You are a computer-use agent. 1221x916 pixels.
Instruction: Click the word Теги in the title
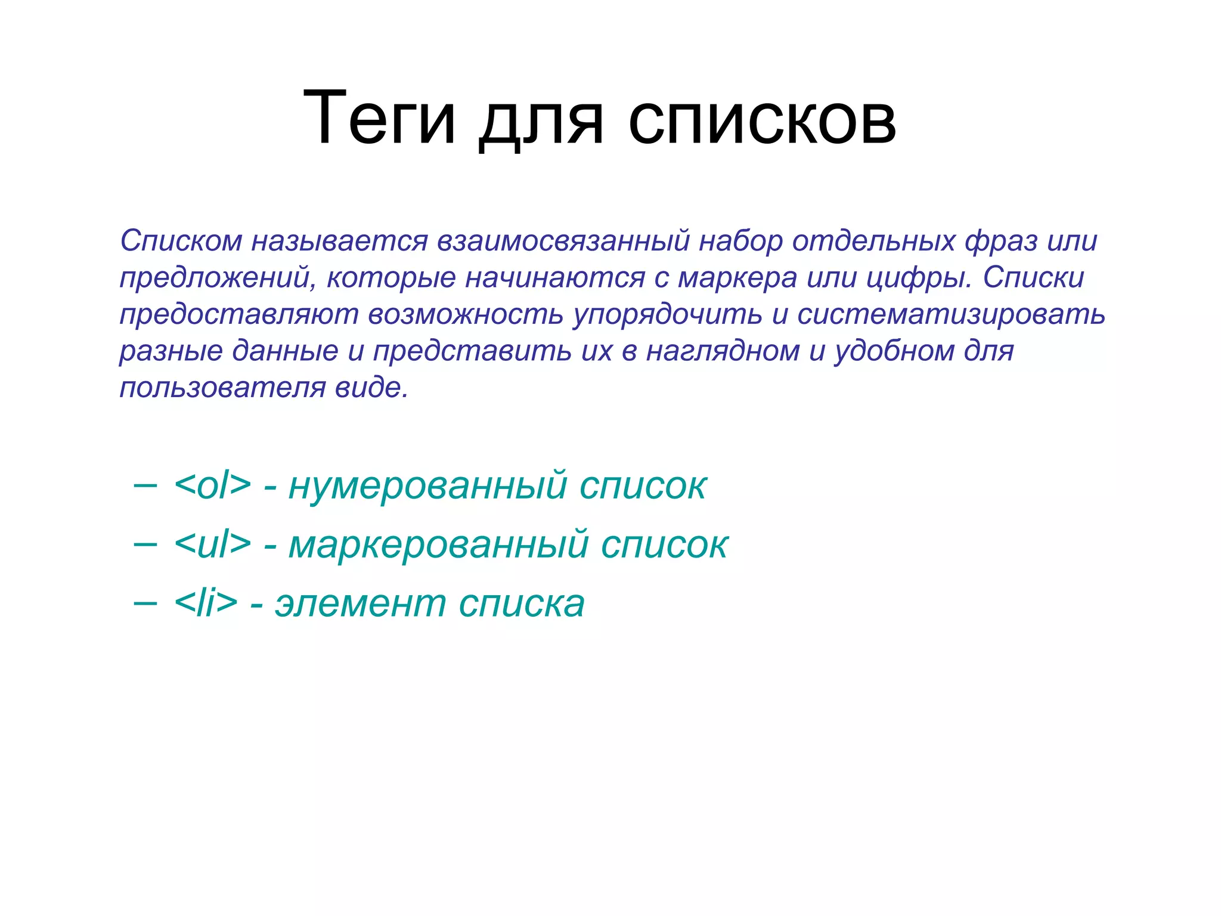(x=380, y=117)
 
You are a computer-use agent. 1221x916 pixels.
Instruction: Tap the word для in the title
(x=541, y=122)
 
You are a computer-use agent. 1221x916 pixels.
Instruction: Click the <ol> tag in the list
(x=212, y=485)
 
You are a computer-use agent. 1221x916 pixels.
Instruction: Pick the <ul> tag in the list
(x=212, y=544)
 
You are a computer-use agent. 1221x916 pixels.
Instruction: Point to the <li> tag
(x=206, y=603)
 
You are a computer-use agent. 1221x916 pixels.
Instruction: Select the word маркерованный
(x=438, y=545)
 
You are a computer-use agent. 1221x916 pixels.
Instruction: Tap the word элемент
(x=360, y=604)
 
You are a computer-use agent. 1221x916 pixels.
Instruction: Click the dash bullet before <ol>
(x=145, y=485)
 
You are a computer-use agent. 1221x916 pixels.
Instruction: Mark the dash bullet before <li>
(x=145, y=603)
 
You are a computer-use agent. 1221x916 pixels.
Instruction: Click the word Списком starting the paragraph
(x=181, y=242)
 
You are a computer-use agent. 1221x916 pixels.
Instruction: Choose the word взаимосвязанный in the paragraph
(x=563, y=242)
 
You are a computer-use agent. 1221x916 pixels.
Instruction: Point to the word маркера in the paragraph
(x=737, y=278)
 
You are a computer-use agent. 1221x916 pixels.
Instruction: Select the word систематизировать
(x=951, y=315)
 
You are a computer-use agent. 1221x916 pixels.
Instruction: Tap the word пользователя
(x=222, y=388)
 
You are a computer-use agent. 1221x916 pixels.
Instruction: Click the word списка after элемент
(x=522, y=604)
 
